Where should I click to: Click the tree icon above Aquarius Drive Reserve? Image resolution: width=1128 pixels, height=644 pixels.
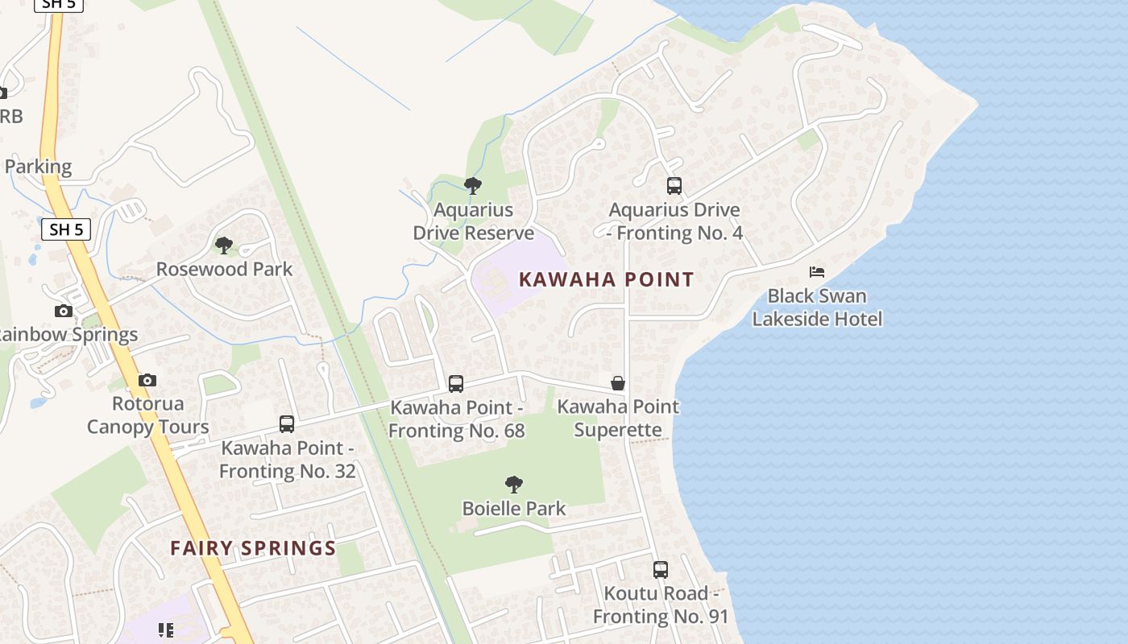[473, 186]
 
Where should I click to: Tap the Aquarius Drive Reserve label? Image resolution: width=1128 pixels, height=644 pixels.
[474, 221]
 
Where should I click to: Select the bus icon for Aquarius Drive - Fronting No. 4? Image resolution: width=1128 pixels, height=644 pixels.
[674, 186]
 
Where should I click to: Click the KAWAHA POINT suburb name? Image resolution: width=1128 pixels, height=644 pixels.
[606, 280]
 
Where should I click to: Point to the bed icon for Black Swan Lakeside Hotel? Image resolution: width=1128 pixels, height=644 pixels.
[817, 272]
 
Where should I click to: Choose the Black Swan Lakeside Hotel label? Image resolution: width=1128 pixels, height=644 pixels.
[817, 308]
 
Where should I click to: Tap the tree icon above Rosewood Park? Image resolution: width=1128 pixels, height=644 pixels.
[224, 245]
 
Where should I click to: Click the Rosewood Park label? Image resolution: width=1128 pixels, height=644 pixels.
[224, 269]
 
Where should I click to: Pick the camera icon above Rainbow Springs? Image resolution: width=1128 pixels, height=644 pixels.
[64, 311]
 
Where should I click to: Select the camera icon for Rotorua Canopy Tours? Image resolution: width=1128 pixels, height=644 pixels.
[147, 380]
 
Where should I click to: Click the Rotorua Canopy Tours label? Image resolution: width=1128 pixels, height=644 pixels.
[147, 415]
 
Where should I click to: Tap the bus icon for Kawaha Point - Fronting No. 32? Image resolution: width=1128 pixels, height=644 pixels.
[287, 424]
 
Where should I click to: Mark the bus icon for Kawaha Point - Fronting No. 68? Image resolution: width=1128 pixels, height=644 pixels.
[456, 384]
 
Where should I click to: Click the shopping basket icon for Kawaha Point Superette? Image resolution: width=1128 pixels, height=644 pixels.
[618, 383]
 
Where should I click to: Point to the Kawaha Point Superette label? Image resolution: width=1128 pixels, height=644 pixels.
[618, 419]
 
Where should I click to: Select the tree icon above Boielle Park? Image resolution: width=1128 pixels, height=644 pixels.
[513, 485]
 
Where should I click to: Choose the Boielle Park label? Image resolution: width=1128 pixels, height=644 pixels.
[513, 509]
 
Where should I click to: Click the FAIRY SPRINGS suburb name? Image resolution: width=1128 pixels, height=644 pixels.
[253, 549]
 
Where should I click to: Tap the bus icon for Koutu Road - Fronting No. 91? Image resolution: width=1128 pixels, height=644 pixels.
[661, 570]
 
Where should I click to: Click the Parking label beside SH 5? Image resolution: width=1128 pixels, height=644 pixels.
[38, 167]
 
